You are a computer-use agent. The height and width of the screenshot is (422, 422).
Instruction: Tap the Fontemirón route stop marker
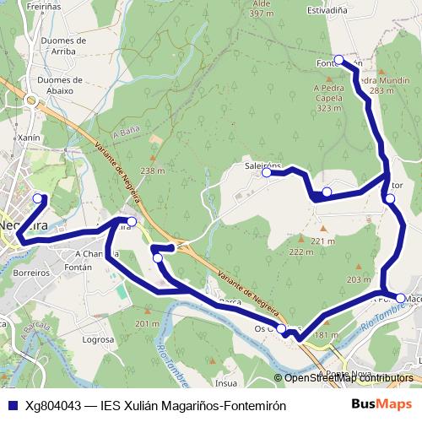coord(338,59)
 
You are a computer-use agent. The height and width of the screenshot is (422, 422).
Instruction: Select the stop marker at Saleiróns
coord(267,172)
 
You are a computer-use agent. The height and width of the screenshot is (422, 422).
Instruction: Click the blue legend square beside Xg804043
coord(13,406)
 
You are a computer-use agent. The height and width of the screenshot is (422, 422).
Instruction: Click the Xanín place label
coord(29,137)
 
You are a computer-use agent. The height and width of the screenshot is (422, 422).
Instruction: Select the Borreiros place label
coord(32,273)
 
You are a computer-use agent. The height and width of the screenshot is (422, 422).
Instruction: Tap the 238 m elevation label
coord(152,170)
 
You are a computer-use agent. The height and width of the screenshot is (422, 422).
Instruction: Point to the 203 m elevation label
coord(358,279)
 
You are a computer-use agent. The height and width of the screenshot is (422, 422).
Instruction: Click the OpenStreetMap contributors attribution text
coord(349,378)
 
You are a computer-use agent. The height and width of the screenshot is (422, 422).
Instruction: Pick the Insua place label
coord(226,382)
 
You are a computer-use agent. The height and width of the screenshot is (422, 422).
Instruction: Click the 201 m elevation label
coord(146,324)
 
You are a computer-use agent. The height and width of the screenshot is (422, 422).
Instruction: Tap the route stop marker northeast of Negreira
coord(38,198)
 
